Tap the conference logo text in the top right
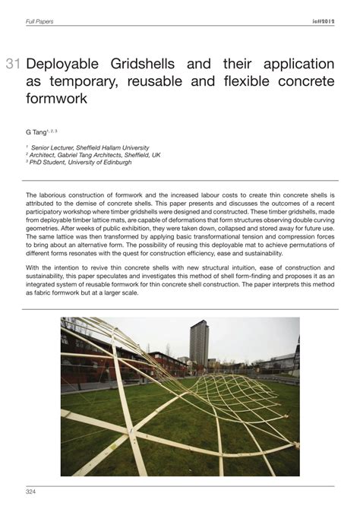pos(322,21)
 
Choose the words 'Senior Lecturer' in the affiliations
pos(52,147)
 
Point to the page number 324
pos(31,492)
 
